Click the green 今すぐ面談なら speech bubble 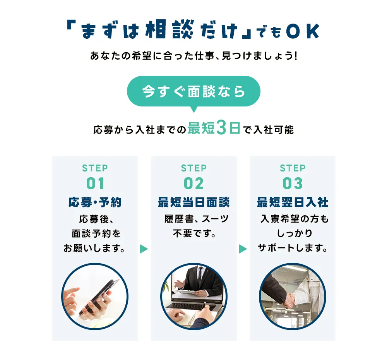click(193, 91)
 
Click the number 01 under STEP click(95, 183)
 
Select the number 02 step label click(193, 183)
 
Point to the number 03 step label click(293, 183)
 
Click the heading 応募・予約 click(95, 202)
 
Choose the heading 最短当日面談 click(193, 202)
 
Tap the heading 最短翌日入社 click(293, 202)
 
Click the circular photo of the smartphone click(95, 297)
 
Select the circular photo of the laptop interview click(193, 297)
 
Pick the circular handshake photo click(293, 297)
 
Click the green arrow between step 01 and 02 click(144, 249)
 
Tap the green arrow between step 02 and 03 click(243, 249)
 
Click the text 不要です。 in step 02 click(194, 234)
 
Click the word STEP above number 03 click(293, 168)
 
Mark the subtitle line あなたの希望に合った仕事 click(193, 56)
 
